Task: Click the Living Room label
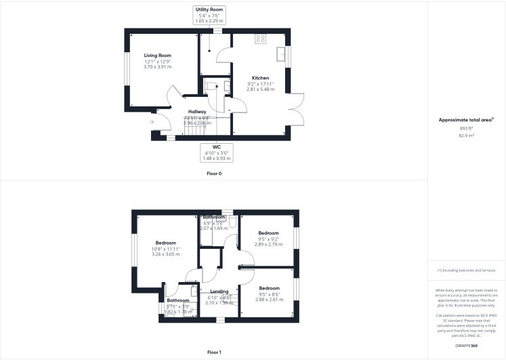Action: tap(157, 55)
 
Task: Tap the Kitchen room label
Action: tap(261, 78)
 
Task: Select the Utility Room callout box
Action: tap(209, 15)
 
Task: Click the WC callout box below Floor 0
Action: tap(217, 152)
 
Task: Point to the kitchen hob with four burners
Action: tap(260, 39)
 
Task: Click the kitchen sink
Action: tap(282, 53)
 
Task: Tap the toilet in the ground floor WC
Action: tap(209, 85)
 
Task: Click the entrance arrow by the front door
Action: tap(152, 122)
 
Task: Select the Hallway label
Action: tap(197, 111)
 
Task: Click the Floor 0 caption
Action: tap(214, 174)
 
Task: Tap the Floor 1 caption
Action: tap(214, 353)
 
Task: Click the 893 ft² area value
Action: tap(466, 128)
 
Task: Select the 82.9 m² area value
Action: tap(466, 136)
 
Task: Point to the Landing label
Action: tap(218, 292)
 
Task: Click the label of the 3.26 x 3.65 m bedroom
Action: tap(165, 243)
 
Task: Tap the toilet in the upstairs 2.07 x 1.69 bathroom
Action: tap(232, 222)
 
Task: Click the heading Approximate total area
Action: tap(466, 120)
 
